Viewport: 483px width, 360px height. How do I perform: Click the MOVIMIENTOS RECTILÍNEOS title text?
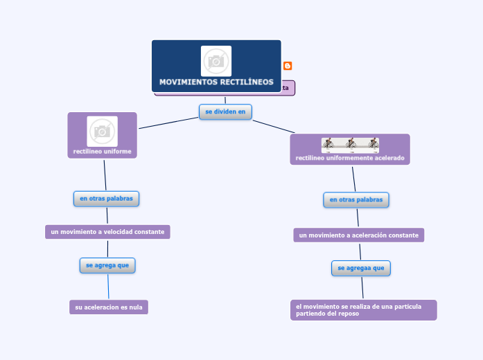[x=216, y=82]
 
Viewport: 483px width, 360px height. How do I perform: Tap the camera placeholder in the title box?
[x=216, y=61]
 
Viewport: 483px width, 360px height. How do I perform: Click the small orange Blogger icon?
[x=288, y=66]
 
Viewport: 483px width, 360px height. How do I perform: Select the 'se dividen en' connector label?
[x=225, y=111]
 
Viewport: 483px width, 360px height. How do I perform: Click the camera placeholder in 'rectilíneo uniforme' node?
[x=103, y=131]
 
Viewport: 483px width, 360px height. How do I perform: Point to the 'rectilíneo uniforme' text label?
[x=103, y=151]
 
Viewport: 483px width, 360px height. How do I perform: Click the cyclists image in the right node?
[x=350, y=144]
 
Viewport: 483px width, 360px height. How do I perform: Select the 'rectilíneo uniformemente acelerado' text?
[x=350, y=158]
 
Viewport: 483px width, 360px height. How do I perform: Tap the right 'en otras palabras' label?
[x=356, y=200]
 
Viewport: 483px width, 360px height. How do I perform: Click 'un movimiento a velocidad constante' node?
[x=107, y=232]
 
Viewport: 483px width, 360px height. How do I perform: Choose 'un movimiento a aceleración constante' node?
[x=358, y=235]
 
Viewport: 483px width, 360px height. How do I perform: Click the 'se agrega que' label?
[x=107, y=265]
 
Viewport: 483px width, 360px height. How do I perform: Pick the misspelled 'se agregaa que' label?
[x=361, y=268]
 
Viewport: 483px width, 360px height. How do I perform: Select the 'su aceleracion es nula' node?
[x=109, y=307]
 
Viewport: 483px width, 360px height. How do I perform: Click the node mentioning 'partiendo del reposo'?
[x=363, y=310]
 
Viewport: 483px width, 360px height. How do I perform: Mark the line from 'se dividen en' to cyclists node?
[x=274, y=126]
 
